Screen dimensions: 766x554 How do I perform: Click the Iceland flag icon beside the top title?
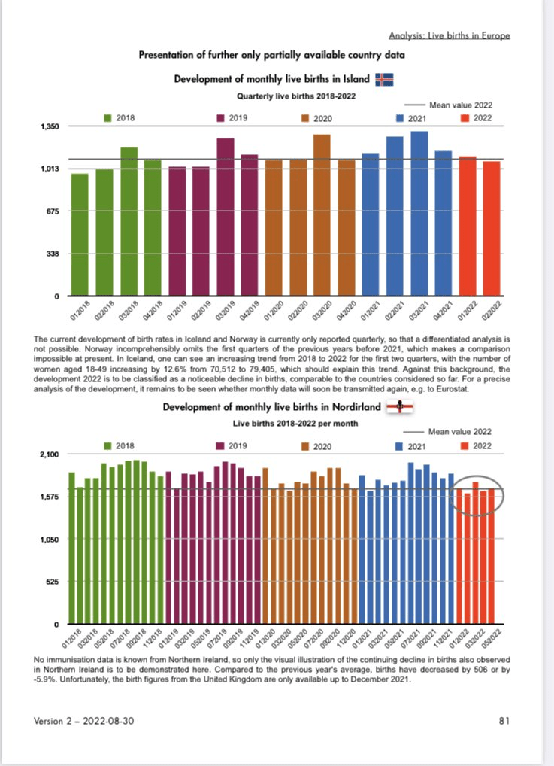click(x=385, y=80)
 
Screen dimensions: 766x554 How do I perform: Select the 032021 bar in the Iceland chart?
click(x=419, y=214)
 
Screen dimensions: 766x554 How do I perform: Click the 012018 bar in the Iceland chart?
click(x=80, y=235)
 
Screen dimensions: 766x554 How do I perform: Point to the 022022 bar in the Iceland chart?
click(x=492, y=229)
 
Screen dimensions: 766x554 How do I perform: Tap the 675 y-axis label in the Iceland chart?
click(x=52, y=211)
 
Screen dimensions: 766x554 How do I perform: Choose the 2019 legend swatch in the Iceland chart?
click(x=222, y=118)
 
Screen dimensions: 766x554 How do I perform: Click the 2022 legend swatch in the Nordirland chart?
click(x=464, y=446)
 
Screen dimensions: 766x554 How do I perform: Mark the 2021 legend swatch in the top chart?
click(x=400, y=118)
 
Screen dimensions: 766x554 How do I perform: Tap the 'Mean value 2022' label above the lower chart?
click(x=460, y=432)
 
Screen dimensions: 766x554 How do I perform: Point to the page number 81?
click(x=504, y=721)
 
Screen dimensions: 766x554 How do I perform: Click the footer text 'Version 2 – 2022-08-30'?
click(x=84, y=721)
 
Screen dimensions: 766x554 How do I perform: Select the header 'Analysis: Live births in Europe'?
click(x=450, y=36)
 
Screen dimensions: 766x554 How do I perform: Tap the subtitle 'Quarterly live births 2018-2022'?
click(x=296, y=96)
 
